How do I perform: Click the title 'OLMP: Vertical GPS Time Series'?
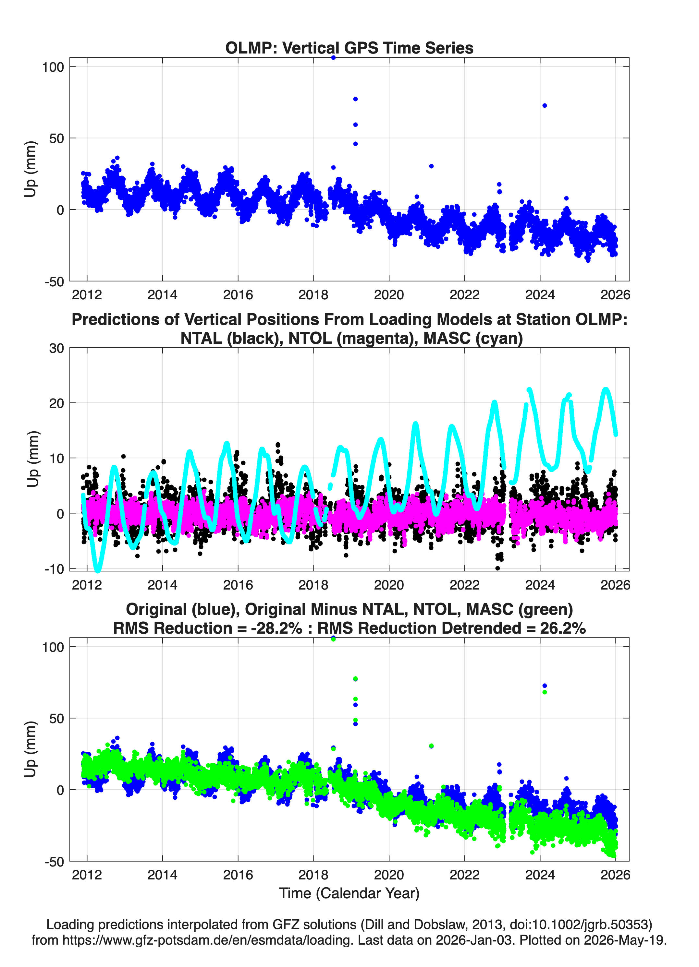349,48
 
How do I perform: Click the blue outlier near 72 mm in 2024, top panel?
545,105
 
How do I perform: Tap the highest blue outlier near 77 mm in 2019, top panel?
355,99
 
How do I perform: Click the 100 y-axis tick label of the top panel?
53,67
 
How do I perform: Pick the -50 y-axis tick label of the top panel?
54,282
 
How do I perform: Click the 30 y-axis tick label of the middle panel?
57,348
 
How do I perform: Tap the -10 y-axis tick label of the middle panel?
54,569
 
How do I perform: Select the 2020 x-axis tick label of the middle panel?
389,585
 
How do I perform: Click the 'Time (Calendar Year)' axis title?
349,893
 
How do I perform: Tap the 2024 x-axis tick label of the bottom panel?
540,875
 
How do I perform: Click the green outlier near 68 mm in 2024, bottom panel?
545,692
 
